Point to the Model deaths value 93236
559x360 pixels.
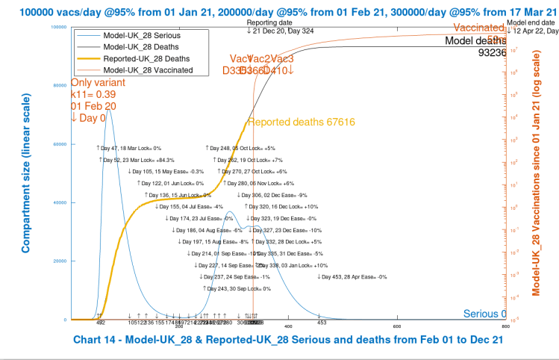point(491,52)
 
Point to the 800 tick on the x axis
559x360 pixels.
point(505,326)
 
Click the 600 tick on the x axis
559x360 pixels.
point(396,326)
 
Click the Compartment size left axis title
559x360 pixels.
point(26,173)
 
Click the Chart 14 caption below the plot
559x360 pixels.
point(287,340)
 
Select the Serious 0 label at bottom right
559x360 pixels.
point(483,314)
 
